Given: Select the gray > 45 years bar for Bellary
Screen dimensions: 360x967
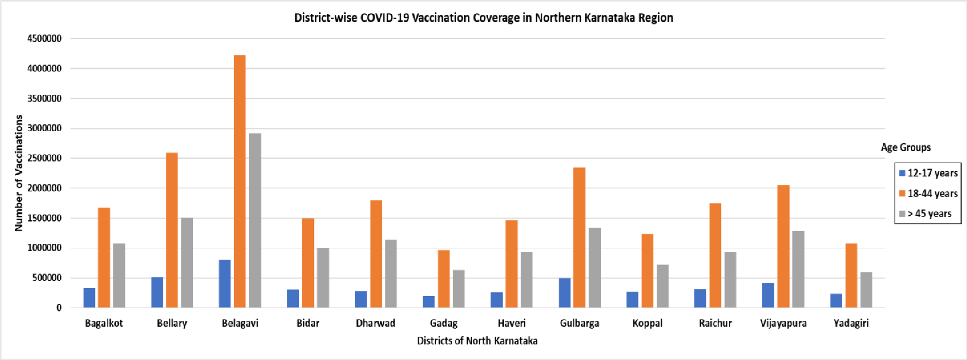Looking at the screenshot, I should pos(187,262).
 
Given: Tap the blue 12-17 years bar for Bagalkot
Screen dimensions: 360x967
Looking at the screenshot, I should pos(89,297).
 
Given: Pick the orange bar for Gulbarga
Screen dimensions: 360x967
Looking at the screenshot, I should pos(579,237).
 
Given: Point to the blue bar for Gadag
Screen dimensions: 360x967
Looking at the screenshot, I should pos(429,301).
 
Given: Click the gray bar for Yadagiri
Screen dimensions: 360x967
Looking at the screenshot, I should pos(866,290).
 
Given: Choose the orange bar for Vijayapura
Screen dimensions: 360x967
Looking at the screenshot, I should pos(783,246).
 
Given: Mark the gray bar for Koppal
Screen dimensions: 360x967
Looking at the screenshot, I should pos(662,286).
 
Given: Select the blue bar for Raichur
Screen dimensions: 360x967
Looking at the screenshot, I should pos(700,298).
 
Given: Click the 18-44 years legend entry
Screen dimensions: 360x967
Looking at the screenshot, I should pos(928,194).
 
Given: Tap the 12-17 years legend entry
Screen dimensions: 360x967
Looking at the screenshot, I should pos(928,173).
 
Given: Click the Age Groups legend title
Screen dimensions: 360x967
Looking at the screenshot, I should pos(905,148).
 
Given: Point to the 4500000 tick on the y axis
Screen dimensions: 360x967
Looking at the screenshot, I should pos(44,39).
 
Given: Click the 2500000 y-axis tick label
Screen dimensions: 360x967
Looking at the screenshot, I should pos(44,158).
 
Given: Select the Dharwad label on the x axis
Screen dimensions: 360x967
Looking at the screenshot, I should pos(376,323).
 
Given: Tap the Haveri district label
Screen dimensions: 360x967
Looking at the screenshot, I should pos(512,323).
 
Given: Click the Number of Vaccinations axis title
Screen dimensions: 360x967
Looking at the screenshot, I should pos(19,173).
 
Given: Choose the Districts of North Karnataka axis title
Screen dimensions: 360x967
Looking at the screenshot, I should pos(477,341).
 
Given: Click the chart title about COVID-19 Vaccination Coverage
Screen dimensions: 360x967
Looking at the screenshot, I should pos(484,18).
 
